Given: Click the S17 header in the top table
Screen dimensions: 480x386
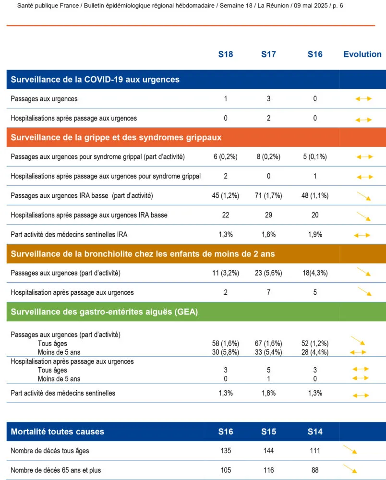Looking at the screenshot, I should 268,54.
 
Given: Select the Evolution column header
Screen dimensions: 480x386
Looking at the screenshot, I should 362,54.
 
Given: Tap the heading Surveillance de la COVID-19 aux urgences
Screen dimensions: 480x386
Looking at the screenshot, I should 95,79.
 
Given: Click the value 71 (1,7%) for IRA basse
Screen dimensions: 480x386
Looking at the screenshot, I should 268,195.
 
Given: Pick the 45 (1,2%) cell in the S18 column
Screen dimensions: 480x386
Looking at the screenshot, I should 226,195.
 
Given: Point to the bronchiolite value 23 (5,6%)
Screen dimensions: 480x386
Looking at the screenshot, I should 268,273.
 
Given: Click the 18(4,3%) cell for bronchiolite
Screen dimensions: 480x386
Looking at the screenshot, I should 315,273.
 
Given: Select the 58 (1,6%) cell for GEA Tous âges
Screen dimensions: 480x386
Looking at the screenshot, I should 226,343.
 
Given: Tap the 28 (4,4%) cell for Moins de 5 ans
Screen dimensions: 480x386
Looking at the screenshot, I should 315,352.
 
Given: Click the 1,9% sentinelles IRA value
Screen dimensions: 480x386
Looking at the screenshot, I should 315,235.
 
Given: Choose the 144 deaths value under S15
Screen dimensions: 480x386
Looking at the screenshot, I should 268,451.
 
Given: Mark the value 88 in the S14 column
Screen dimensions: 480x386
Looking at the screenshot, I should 315,470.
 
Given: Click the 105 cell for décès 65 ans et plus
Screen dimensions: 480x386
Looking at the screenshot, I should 226,470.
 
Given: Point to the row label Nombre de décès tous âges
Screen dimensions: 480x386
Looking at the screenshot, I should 50,451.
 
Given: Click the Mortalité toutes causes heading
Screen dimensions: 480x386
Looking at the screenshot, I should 57,432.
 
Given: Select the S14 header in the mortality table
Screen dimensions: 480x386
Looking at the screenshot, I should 315,432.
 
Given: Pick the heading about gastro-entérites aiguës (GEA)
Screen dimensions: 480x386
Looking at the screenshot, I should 104,312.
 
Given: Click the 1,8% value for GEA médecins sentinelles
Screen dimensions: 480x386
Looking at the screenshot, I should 268,393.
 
